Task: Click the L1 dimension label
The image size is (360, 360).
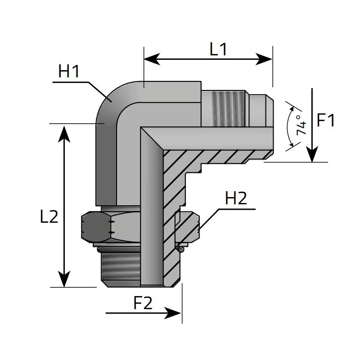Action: click(219, 49)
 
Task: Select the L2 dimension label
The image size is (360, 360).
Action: click(49, 217)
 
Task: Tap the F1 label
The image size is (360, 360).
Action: click(326, 120)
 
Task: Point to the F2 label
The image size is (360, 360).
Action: click(143, 303)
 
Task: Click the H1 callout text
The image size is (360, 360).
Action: click(69, 71)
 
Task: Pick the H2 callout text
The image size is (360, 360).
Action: click(236, 198)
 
